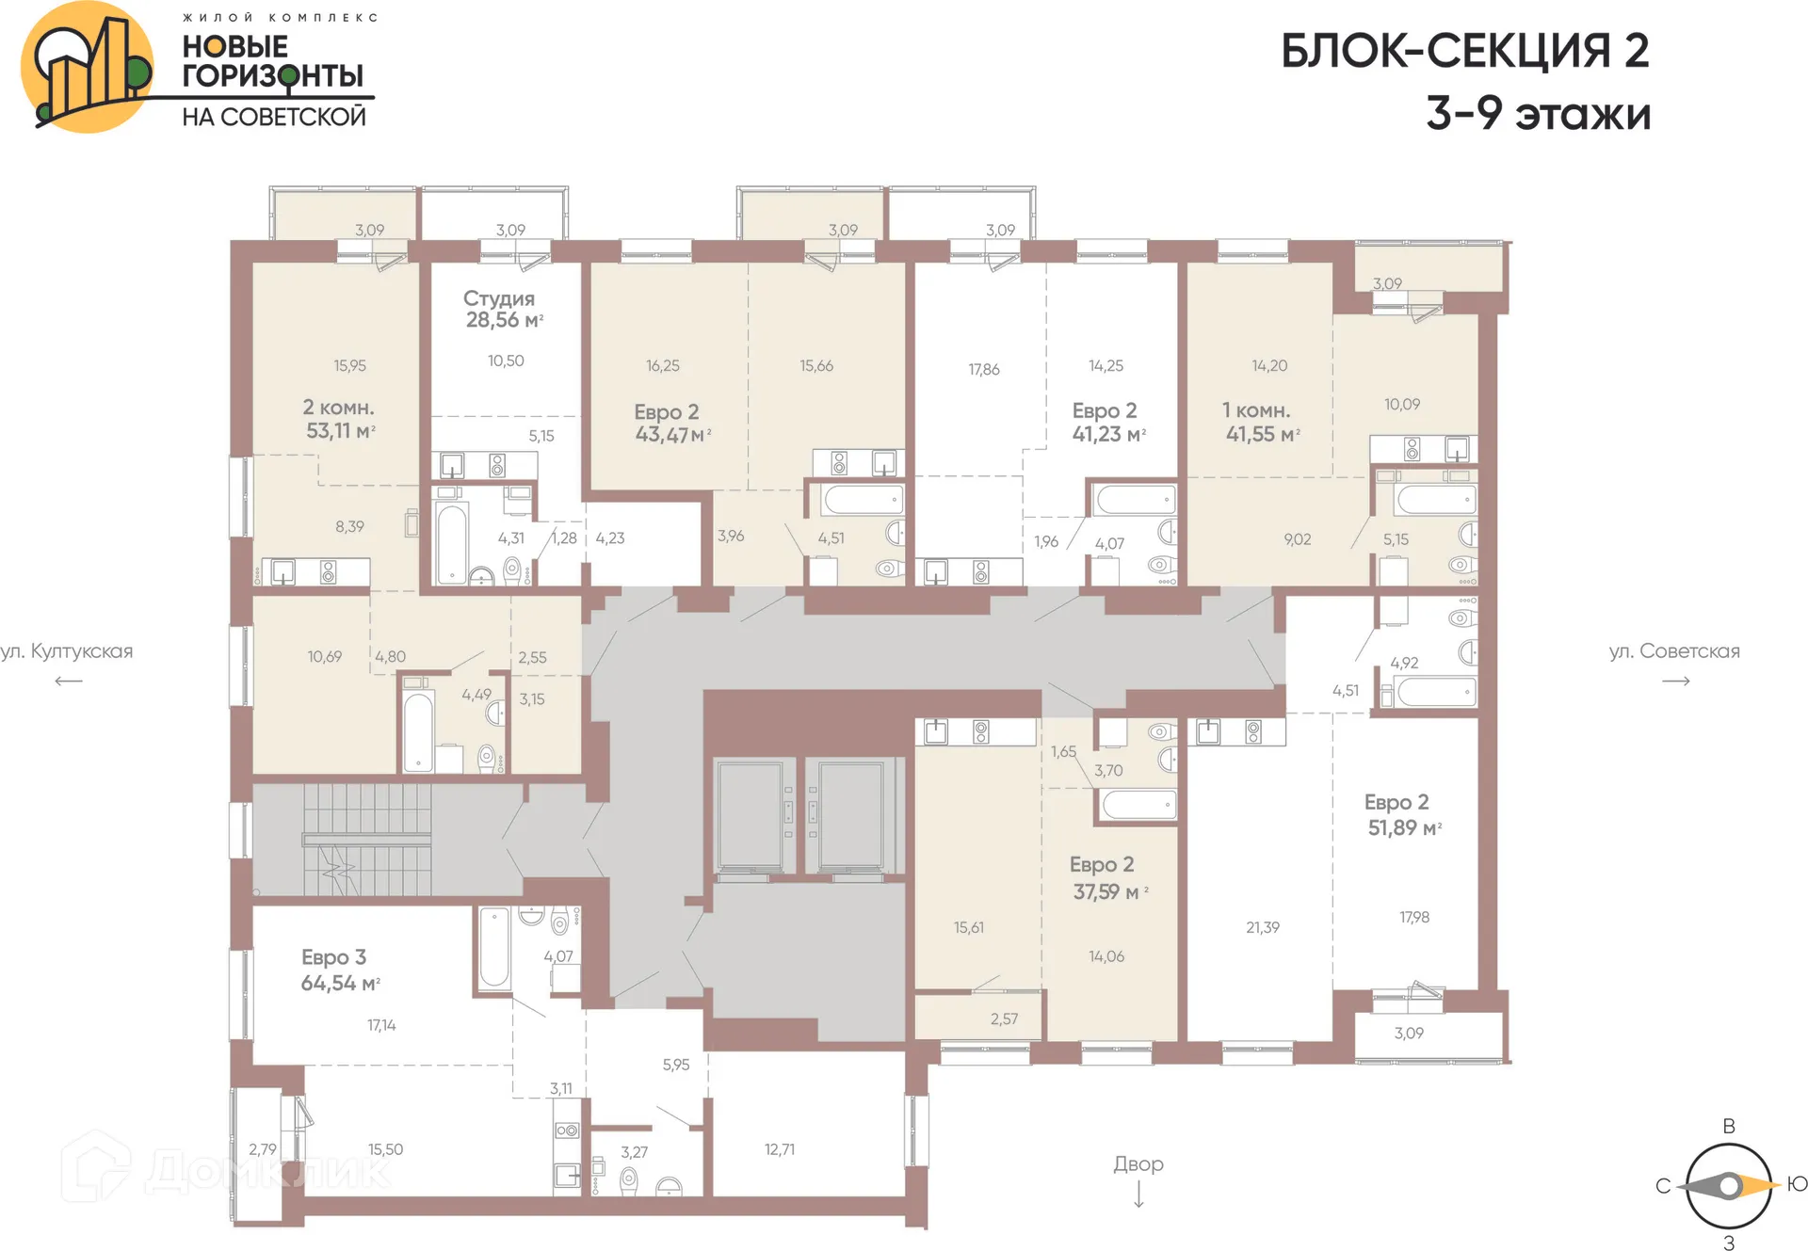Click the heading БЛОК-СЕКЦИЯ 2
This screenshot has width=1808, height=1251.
1464,51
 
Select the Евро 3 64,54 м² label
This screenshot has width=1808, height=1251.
339,970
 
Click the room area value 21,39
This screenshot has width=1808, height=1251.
1262,927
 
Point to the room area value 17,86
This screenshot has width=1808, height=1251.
983,370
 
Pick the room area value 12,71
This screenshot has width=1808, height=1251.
779,1149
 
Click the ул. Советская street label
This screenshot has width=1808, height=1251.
1673,651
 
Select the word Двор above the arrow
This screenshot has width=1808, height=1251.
1138,1164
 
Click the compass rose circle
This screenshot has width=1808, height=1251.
1728,1186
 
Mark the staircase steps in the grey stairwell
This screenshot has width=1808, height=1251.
367,839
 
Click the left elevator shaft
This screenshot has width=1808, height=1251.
750,814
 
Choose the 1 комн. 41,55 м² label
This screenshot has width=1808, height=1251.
1261,423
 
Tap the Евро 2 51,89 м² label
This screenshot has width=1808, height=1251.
1402,815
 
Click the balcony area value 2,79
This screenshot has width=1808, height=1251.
262,1149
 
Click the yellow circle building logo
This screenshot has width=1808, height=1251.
88,67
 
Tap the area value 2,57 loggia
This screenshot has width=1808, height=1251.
1004,1018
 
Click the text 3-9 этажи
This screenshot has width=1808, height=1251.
1538,114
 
